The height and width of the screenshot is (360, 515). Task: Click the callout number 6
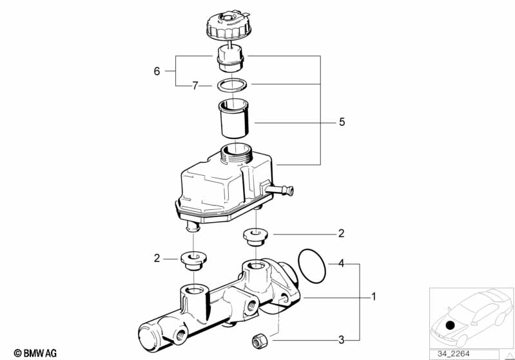pyautogui.click(x=157, y=71)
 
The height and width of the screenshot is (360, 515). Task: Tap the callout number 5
pyautogui.click(x=342, y=121)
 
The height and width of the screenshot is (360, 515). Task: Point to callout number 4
pyautogui.click(x=342, y=263)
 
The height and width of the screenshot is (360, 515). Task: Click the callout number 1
pyautogui.click(x=373, y=298)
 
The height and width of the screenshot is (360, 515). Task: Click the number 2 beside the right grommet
pyautogui.click(x=342, y=232)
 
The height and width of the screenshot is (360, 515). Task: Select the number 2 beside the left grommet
pyautogui.click(x=157, y=258)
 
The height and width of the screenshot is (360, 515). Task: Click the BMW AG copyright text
pyautogui.click(x=31, y=353)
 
